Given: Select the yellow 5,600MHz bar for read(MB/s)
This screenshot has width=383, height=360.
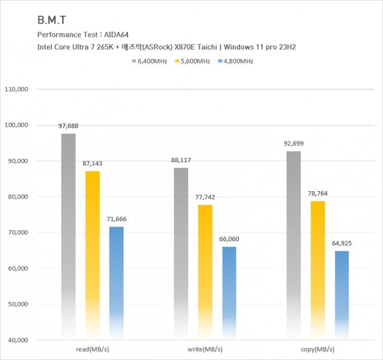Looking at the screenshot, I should (92, 252).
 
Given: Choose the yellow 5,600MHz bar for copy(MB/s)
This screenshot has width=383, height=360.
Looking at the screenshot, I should (318, 270).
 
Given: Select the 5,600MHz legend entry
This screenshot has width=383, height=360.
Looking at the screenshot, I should (193, 60).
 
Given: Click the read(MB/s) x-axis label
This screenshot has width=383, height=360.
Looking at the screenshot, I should (92, 349).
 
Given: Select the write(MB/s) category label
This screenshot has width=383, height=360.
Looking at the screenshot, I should (205, 349).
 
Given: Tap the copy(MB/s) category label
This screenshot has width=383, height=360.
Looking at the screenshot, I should (318, 349).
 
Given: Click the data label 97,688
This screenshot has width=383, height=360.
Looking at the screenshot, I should (68, 126).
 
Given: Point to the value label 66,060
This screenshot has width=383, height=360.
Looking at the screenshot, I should (229, 239).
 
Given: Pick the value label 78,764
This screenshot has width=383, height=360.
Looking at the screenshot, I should (318, 193).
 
